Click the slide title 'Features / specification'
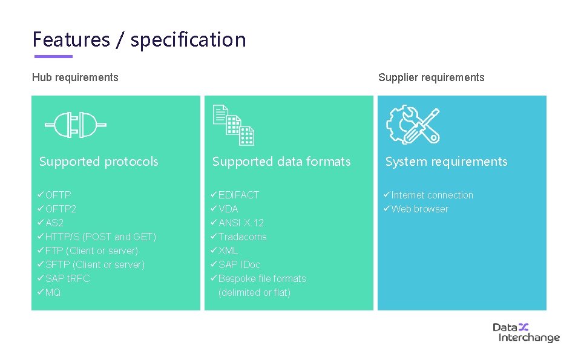tap(139, 40)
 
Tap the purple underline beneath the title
tap(53, 57)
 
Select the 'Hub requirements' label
tap(75, 77)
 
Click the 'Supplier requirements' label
tap(431, 77)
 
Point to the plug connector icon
tap(76, 125)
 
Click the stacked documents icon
tap(234, 125)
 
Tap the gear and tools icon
tap(413, 125)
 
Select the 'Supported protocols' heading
tap(99, 162)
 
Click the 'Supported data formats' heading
tap(281, 162)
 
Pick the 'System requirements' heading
tap(446, 162)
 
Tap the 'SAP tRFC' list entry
tap(67, 278)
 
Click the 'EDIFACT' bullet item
tap(238, 195)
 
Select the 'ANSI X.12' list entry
tap(241, 223)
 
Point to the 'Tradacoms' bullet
tap(242, 237)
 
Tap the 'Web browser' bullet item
tap(419, 209)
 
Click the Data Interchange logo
tap(525, 332)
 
